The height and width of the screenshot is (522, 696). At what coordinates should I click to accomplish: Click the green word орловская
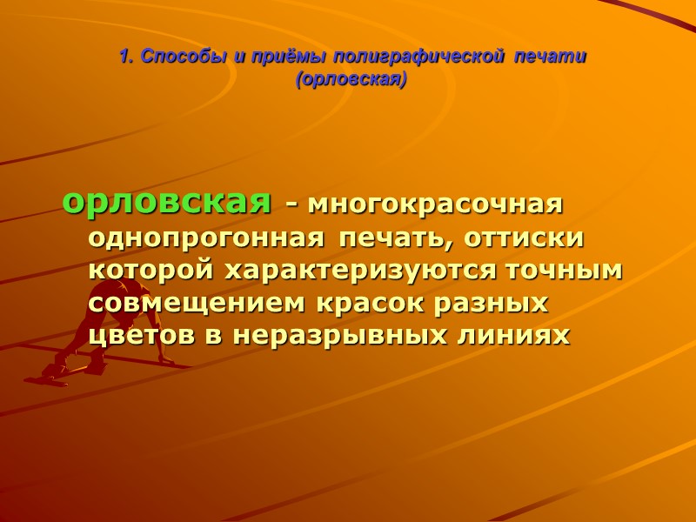coord(166,203)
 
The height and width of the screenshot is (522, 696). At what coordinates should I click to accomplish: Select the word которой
coord(153,270)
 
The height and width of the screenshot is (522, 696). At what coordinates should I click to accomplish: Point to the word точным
coord(566,270)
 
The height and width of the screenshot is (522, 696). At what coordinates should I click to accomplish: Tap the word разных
coord(502,303)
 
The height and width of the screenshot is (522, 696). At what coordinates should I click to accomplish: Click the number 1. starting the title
coord(125,57)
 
